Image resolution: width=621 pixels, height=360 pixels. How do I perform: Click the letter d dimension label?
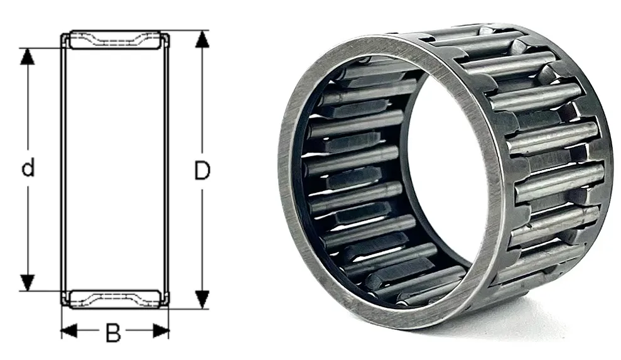28,168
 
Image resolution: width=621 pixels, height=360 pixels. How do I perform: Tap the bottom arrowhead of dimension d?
28,283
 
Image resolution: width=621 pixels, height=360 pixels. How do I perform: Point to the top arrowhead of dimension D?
202,39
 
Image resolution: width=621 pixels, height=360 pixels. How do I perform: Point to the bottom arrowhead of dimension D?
202,299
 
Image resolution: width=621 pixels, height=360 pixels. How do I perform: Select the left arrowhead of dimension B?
69,330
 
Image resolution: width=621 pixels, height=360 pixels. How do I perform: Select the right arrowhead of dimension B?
161,330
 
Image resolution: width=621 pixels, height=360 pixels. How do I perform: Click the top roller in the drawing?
116,40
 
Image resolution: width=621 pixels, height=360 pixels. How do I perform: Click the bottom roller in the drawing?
116,298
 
